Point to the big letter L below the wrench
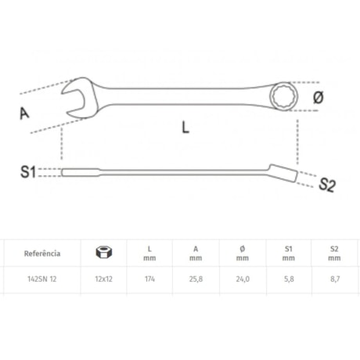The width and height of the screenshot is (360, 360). tap(185, 127)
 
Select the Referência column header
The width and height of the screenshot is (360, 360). tap(42, 253)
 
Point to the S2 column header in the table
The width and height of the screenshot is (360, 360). tap(334, 252)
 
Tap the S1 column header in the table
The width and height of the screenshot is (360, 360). tap(289, 252)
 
